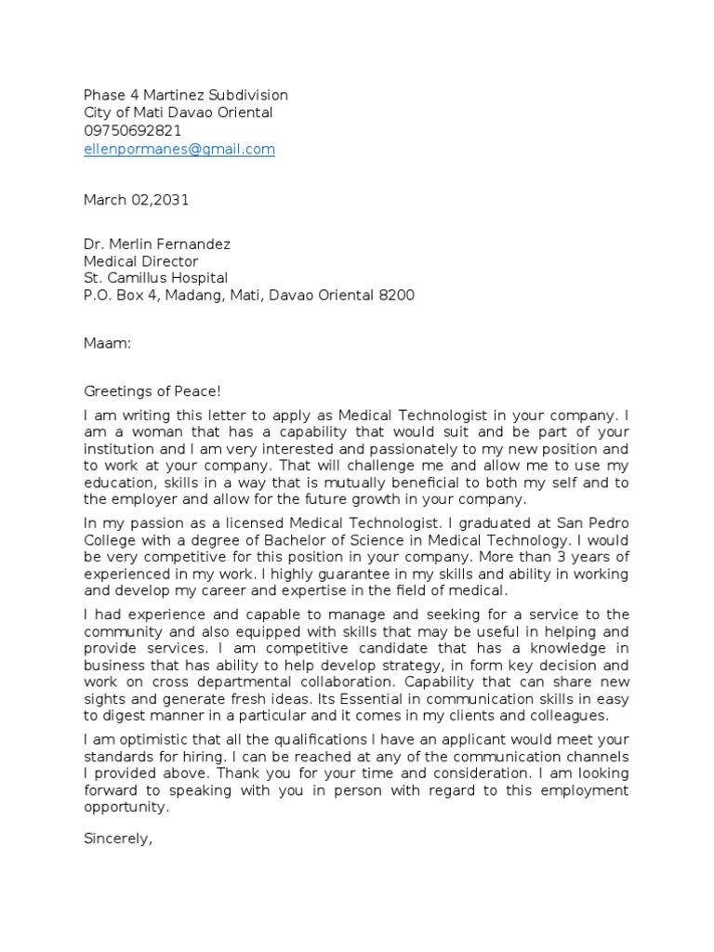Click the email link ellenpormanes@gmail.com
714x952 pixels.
pos(179,149)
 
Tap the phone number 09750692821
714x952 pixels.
pos(133,131)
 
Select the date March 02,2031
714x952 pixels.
pos(136,200)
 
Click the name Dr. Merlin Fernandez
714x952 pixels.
pos(157,245)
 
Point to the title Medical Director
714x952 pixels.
pos(140,261)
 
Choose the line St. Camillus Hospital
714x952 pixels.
pos(155,278)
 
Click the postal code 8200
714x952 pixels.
pos(397,296)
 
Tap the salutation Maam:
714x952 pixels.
pos(108,344)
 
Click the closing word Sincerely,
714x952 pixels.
pos(117,839)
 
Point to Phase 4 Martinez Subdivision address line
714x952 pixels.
pos(186,96)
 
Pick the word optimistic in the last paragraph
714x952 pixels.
pos(148,740)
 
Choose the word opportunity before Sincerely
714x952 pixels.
pos(126,807)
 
